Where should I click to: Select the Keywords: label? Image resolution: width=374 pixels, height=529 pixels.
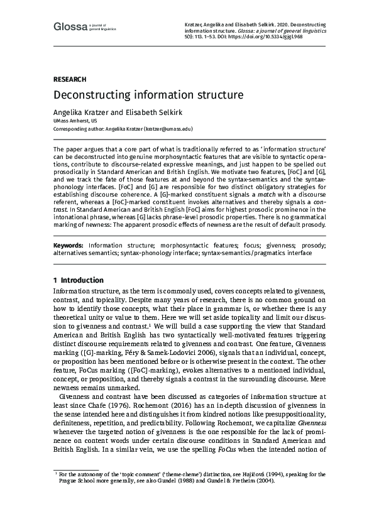(69, 245)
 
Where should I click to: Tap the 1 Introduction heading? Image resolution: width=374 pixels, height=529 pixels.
(79, 280)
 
